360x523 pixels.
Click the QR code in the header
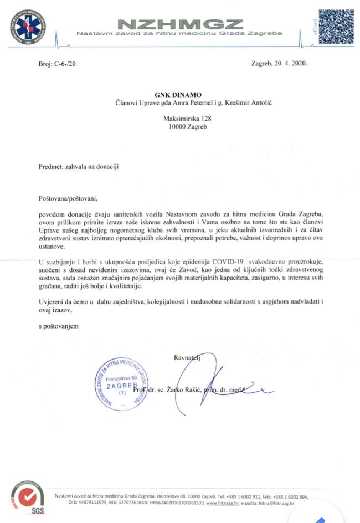[336, 27]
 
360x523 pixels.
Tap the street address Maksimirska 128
[179, 118]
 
